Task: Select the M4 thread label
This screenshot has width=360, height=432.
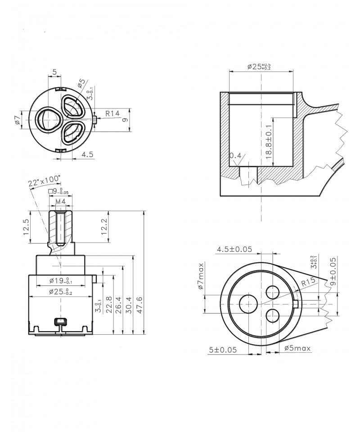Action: click(61, 201)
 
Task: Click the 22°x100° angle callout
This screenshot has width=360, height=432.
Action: click(44, 180)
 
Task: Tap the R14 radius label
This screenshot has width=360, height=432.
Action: click(112, 114)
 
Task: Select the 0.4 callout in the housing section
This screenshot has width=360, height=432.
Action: click(235, 156)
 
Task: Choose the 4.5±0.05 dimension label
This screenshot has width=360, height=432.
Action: click(234, 249)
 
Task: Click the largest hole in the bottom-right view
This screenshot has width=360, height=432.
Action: click(248, 304)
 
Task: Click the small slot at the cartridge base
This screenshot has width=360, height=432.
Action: click(59, 321)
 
